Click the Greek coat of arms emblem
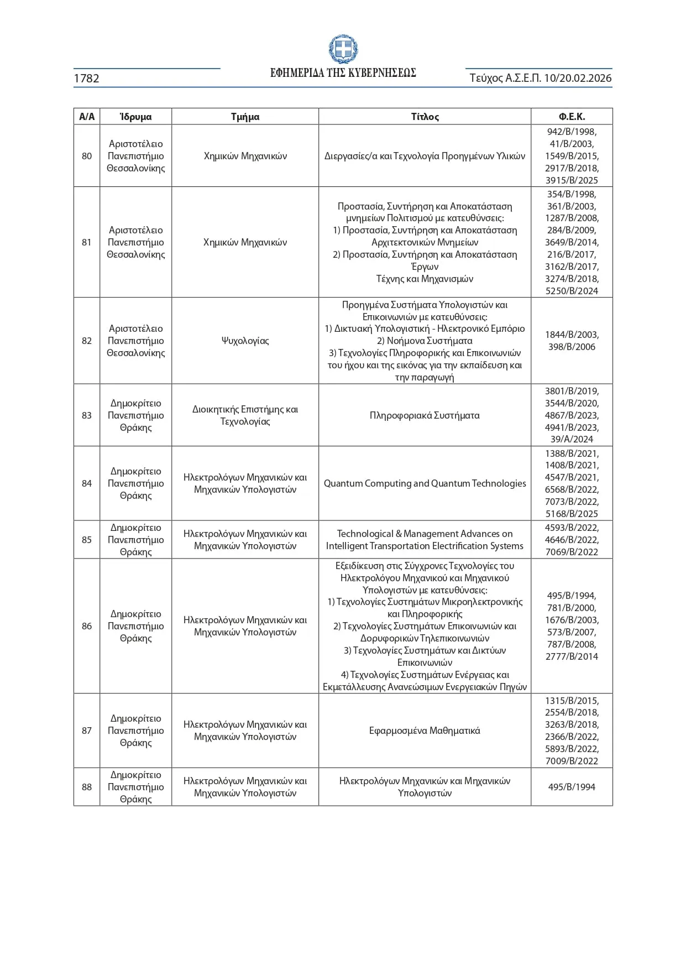pos(343,49)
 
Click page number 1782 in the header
pos(87,79)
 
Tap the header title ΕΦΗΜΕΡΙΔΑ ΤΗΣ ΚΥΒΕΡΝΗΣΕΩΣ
pos(343,73)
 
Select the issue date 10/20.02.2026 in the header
pos(578,78)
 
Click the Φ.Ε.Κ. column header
pos(572,117)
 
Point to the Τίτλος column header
pos(425,117)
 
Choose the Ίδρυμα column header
pos(135,117)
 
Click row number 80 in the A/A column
pos(87,156)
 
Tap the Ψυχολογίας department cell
pos(245,341)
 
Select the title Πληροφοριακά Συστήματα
pos(425,415)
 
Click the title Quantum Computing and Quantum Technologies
pos(425,483)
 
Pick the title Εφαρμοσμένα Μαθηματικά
pos(425,731)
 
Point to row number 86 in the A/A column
pos(87,626)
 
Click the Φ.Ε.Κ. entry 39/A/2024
pos(572,439)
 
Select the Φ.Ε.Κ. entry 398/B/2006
pos(572,347)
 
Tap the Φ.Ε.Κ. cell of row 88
pos(572,787)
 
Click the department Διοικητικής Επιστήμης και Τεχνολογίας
pos(245,415)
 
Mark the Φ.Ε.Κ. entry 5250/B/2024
pos(572,291)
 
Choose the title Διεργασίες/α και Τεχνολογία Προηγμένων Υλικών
pos(425,156)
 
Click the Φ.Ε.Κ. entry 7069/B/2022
pos(572,552)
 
